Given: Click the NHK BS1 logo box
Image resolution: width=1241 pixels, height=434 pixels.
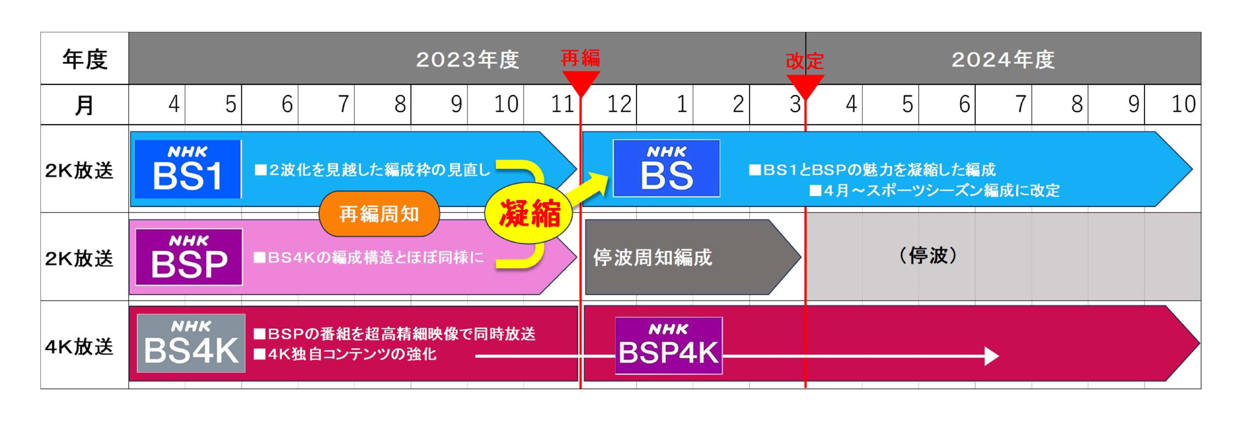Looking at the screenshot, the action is coord(188,169).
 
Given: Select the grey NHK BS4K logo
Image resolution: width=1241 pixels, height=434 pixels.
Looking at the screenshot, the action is coord(191,343).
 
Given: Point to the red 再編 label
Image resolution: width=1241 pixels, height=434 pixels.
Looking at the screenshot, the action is coord(581,58).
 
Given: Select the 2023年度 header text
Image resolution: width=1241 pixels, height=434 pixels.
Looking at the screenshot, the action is coord(467,60).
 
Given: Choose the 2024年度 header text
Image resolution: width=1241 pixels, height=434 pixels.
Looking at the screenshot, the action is coord(1003,60).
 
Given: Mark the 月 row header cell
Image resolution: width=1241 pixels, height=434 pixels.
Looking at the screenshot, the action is coord(85,105).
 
